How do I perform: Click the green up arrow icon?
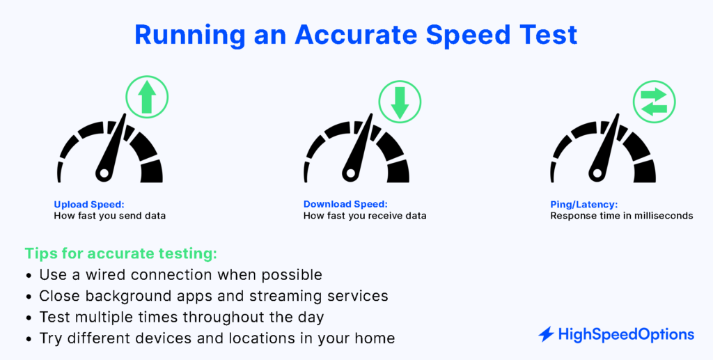click(147, 97)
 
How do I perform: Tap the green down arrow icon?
click(399, 102)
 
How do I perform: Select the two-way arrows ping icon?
click(655, 102)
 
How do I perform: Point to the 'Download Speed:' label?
click(345, 204)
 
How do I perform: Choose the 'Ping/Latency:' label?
click(583, 204)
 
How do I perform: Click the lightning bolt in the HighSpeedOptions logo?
click(546, 335)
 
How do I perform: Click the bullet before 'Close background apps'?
click(29, 297)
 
